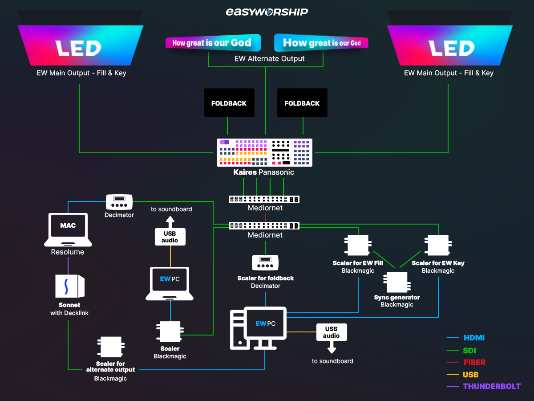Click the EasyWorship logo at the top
(267, 12)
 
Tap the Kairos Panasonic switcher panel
(264, 152)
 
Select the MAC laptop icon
(68, 229)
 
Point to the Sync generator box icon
(396, 282)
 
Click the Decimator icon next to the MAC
(119, 202)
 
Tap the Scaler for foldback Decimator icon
(266, 262)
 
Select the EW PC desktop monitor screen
(266, 323)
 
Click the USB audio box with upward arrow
(170, 236)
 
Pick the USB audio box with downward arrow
(331, 332)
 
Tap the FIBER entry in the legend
(474, 362)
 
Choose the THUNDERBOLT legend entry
(491, 386)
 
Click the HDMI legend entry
(474, 338)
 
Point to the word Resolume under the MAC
(68, 252)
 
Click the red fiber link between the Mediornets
(265, 217)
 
